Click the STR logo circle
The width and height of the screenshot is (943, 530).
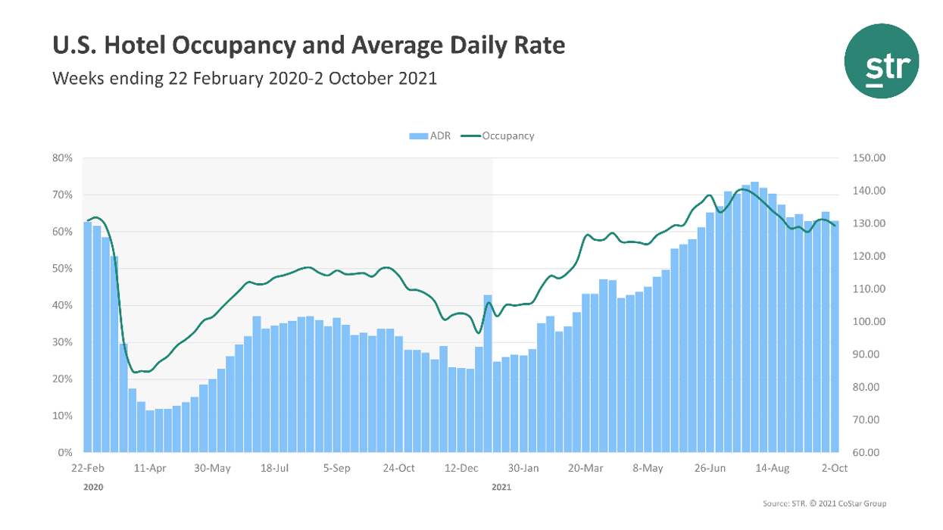[881, 61]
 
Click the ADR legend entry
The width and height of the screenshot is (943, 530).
[430, 136]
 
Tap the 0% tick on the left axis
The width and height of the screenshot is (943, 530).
[64, 453]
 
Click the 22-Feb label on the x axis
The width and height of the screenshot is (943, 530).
[87, 469]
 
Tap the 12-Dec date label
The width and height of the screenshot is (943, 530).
[461, 469]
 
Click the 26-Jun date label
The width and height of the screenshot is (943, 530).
[710, 469]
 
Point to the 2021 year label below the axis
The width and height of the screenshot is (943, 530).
[501, 488]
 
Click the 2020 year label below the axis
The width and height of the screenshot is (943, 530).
[92, 488]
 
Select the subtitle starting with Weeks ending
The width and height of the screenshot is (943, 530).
[244, 78]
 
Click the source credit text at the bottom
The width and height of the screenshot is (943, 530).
[824, 504]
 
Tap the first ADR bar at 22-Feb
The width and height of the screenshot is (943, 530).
[87, 337]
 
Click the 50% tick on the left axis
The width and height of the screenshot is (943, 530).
[62, 269]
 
